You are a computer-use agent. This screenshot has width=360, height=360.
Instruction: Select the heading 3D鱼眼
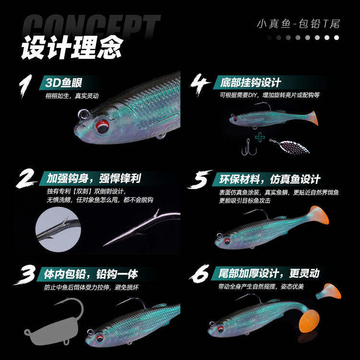65,83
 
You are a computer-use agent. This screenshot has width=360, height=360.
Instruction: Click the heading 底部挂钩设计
250,83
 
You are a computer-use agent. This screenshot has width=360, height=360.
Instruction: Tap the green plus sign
260,138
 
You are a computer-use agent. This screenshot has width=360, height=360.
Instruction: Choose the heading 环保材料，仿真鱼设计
269,179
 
